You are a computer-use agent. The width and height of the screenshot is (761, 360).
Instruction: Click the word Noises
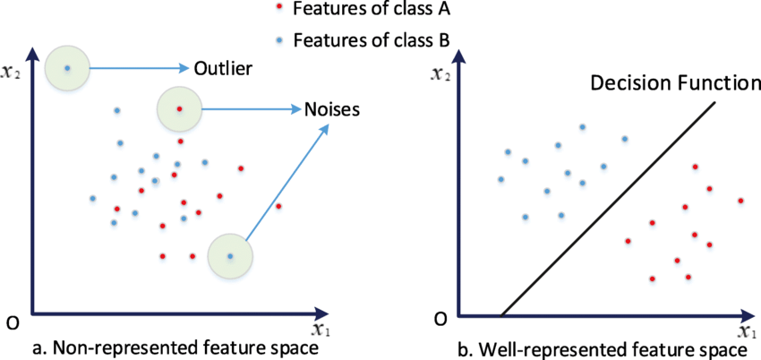click(331, 110)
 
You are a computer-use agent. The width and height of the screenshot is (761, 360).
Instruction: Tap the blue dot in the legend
click(282, 39)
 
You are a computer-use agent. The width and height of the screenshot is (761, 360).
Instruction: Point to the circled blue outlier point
click(66, 67)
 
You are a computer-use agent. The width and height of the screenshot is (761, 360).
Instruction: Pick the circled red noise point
click(179, 109)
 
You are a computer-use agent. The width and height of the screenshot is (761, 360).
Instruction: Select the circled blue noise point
click(229, 256)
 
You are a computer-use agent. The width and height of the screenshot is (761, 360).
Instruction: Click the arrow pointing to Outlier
click(139, 67)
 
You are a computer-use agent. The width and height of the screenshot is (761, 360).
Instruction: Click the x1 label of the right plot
click(748, 333)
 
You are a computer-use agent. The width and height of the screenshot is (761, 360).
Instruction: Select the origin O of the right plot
click(439, 320)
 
